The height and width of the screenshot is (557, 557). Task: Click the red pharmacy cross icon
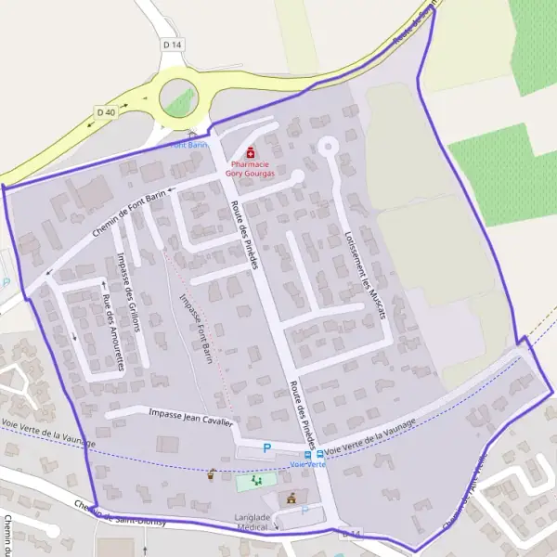(250, 152)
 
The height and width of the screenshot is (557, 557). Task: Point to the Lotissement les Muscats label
(364, 274)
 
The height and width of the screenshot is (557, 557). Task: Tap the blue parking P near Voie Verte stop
(267, 447)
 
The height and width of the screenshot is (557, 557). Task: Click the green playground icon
(255, 481)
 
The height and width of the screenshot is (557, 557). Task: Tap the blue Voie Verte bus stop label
(307, 464)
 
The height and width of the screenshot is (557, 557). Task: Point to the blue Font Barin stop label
(190, 146)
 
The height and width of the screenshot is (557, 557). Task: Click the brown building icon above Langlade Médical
(292, 497)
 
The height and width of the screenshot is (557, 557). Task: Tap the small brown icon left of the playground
(212, 474)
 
